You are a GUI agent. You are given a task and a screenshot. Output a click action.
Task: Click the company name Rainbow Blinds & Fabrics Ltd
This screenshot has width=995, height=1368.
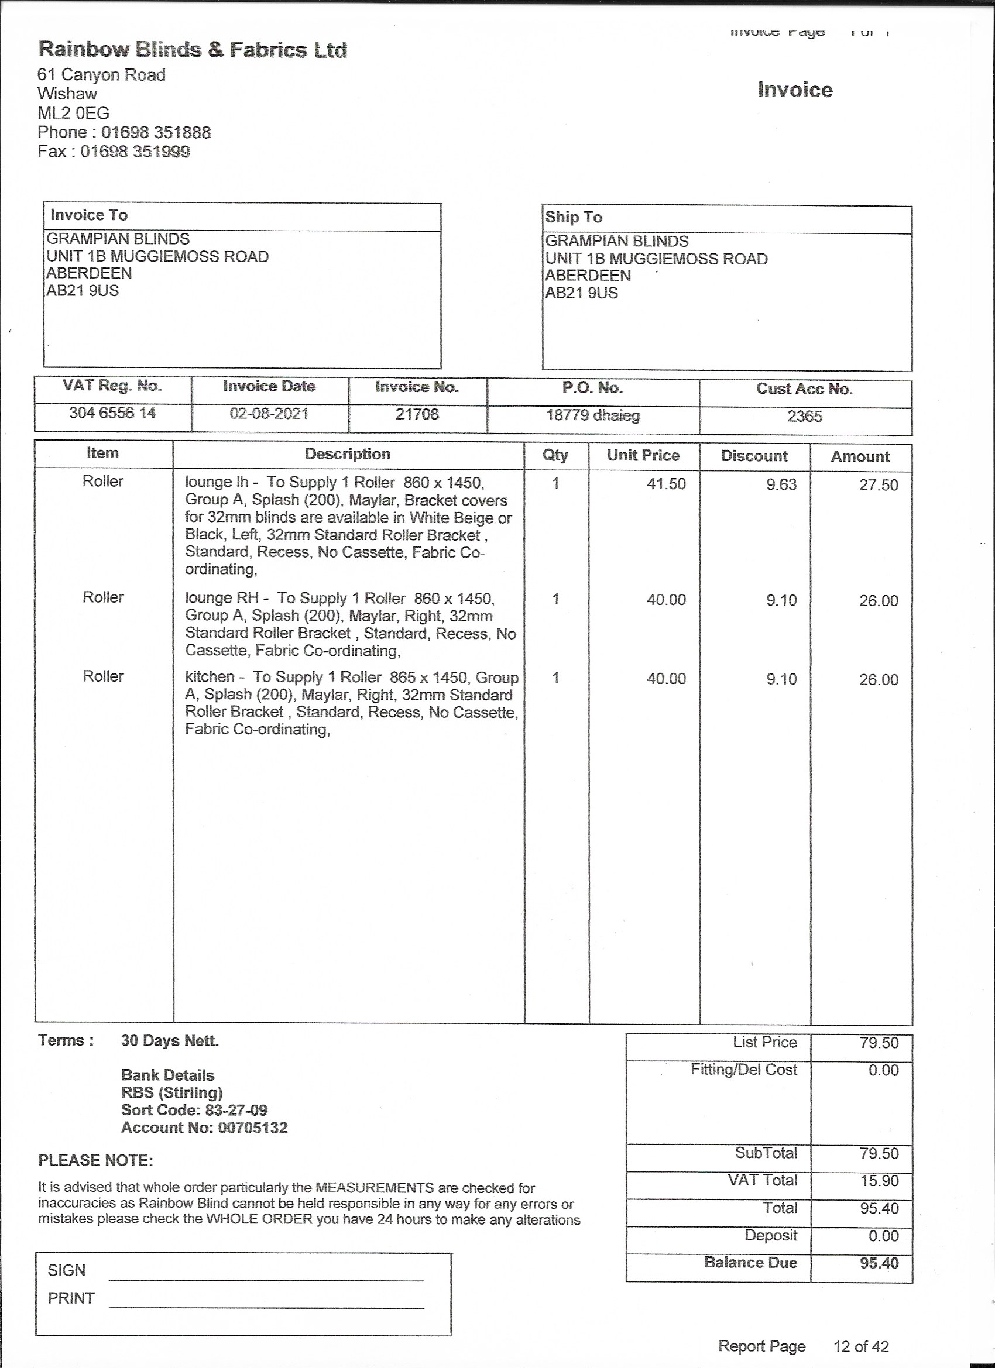(193, 50)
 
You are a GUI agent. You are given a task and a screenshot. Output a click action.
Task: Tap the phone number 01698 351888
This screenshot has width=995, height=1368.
(156, 132)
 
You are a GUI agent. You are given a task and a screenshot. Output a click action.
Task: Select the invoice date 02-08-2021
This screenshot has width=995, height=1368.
(269, 414)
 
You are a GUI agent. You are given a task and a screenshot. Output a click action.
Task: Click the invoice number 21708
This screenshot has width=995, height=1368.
(417, 414)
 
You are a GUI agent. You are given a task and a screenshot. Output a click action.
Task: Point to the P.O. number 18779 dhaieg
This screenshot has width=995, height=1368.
(592, 415)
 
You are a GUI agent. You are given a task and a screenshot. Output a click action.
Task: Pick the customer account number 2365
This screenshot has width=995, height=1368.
(804, 416)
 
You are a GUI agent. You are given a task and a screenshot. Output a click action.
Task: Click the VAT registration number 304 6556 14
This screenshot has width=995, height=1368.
(112, 413)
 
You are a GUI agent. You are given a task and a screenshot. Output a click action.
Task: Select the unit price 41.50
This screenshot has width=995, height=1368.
(666, 484)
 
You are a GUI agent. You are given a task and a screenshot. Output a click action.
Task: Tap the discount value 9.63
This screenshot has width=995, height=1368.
(781, 484)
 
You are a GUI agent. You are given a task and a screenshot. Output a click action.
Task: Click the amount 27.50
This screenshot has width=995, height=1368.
(879, 485)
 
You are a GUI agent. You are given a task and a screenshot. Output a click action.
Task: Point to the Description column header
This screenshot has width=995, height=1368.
(348, 454)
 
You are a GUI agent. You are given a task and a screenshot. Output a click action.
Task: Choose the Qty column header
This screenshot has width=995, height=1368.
(555, 455)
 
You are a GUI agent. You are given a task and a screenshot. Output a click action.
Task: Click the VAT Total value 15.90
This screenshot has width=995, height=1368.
(879, 1180)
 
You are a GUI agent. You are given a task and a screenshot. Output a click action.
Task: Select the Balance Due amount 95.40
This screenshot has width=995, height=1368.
(879, 1263)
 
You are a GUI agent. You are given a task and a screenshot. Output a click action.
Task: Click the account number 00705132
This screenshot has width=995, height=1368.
(252, 1128)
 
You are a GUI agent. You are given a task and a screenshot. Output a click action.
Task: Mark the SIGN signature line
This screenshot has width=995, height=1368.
(266, 1279)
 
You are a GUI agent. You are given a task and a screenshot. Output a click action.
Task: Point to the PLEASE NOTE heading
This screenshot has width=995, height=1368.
(95, 1160)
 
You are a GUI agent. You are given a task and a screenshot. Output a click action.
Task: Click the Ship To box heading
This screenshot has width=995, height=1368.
(574, 217)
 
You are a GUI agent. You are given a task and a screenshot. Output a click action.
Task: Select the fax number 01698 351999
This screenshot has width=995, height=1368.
(135, 152)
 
